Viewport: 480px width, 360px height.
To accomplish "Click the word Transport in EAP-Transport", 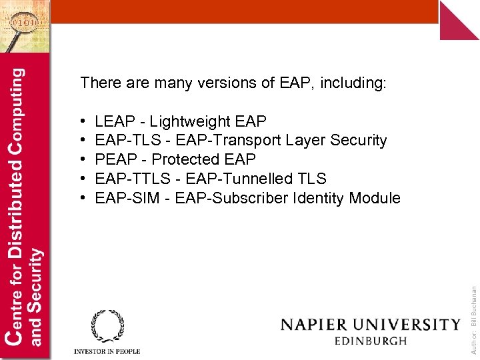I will coord(246,141).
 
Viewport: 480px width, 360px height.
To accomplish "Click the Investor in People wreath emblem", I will coord(107,326).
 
